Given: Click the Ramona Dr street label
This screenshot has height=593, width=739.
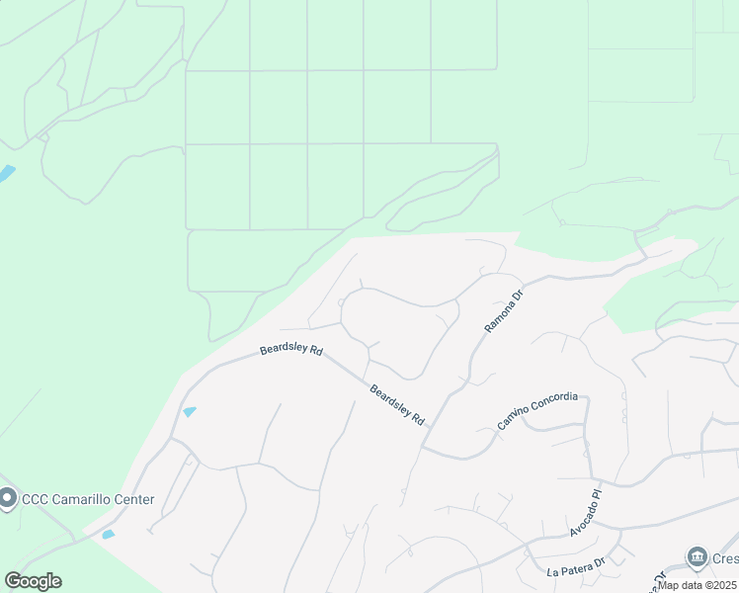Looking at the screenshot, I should click(x=502, y=310).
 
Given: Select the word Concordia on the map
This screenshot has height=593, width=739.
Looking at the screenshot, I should click(x=555, y=400).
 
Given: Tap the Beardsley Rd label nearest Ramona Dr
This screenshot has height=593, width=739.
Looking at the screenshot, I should click(x=397, y=405).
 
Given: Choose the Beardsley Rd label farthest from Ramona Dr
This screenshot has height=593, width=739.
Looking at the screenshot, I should click(x=291, y=350).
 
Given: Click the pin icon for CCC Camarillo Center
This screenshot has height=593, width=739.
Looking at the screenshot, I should click(x=9, y=498).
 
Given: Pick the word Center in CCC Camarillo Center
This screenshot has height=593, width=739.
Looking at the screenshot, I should click(x=135, y=499).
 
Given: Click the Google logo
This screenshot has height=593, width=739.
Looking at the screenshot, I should click(x=33, y=581).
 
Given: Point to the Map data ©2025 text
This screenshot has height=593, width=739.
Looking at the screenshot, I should click(x=698, y=585).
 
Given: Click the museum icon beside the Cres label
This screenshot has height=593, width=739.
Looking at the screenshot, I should click(x=698, y=557).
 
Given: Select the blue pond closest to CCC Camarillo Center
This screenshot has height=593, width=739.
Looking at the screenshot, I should click(x=108, y=535).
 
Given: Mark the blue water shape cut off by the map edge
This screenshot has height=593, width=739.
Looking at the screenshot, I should click(x=5, y=175).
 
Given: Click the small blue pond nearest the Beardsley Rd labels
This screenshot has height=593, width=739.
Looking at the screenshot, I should click(x=190, y=411).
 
